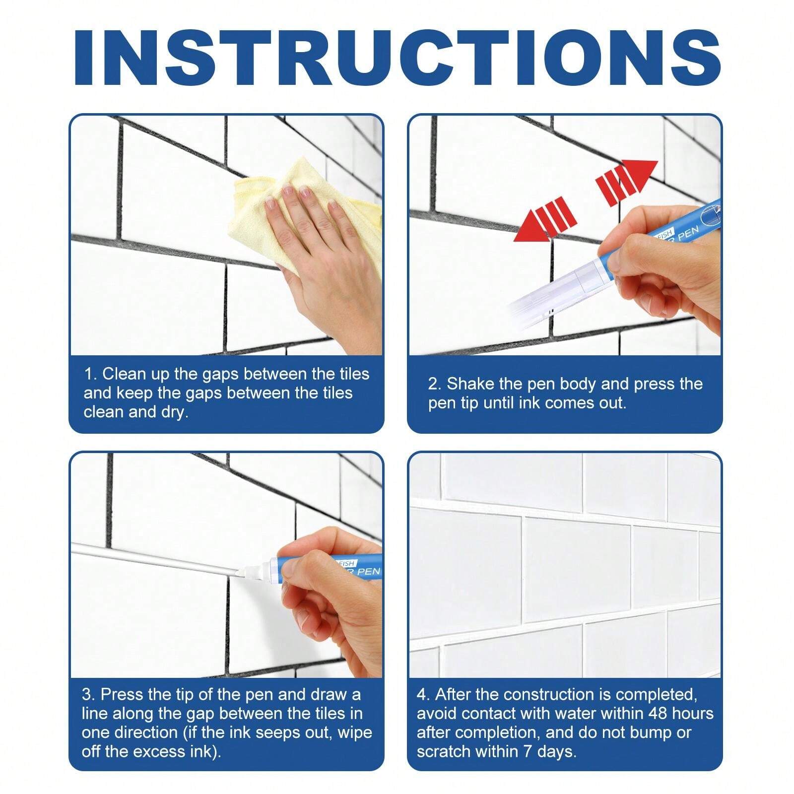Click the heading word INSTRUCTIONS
coord(397,59)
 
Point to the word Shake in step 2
coord(469,384)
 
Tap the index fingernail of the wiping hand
coord(270,202)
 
